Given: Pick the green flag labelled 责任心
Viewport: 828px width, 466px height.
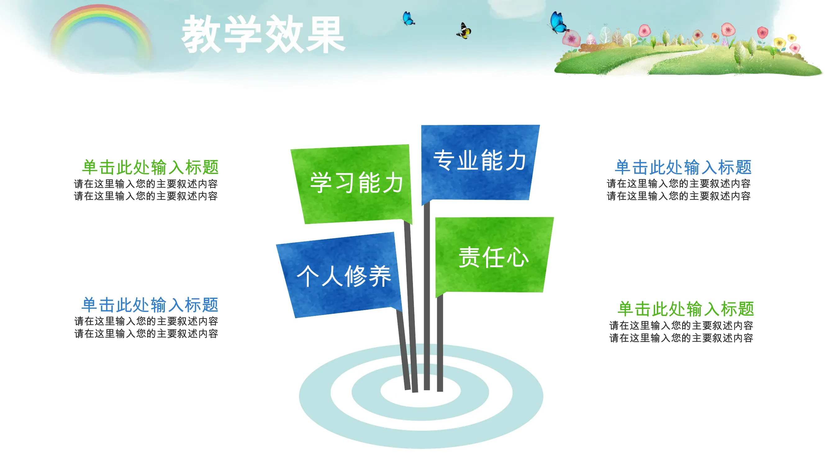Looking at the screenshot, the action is click(x=494, y=256).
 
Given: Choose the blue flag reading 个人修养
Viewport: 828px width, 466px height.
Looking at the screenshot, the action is click(x=339, y=275).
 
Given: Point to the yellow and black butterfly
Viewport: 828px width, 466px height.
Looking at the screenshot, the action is click(x=464, y=31).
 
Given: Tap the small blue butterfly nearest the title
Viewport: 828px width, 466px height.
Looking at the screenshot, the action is click(x=408, y=18).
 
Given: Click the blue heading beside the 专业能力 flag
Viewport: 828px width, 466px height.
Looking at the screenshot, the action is click(x=683, y=167).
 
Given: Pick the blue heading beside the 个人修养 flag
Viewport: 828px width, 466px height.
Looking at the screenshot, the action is click(x=150, y=304).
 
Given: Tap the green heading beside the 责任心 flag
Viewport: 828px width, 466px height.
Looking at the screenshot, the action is click(x=685, y=308).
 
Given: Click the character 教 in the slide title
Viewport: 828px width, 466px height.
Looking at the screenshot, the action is click(x=202, y=34).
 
